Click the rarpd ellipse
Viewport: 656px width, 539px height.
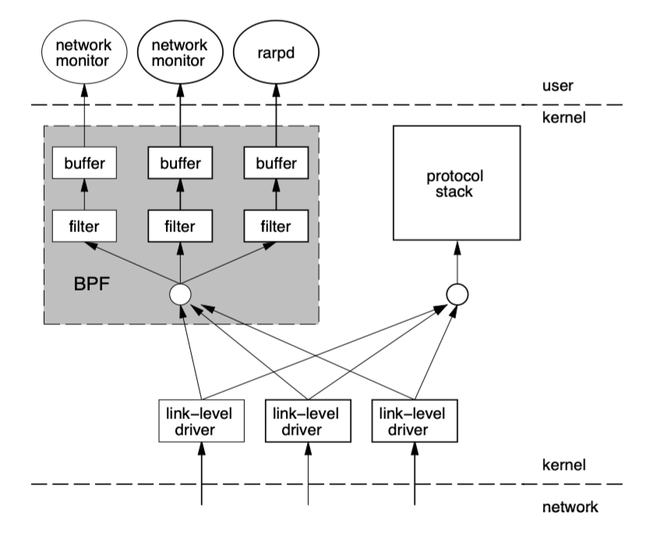[x=276, y=54]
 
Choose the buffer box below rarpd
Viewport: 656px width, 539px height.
[x=276, y=164]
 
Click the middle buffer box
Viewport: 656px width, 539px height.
[x=181, y=164]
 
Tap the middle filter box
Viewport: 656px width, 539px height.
[x=181, y=227]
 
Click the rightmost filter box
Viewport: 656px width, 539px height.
[x=276, y=227]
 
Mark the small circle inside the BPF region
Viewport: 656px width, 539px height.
[x=181, y=294]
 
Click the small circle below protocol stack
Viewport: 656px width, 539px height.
[x=456, y=294]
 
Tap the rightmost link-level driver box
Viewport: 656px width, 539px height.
[x=414, y=421]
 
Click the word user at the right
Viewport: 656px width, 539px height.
[x=558, y=85]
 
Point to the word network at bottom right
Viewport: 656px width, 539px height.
[x=570, y=508]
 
